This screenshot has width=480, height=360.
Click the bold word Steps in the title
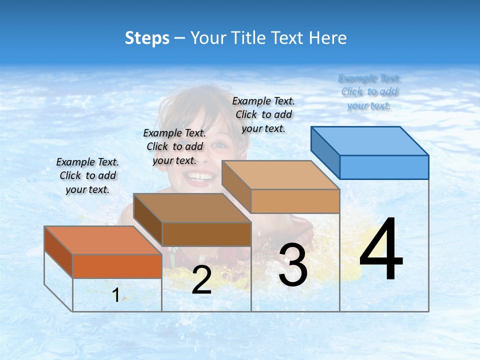[x=147, y=38]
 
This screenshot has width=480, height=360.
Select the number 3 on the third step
[x=293, y=265]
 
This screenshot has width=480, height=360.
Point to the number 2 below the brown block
[x=201, y=280]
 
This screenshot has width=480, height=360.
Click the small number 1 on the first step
[x=115, y=295]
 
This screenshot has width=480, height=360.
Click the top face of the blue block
[x=369, y=140]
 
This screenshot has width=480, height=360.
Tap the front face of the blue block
[x=384, y=167]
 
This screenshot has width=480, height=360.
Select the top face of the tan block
[x=280, y=175]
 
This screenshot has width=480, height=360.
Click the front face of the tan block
[x=295, y=201]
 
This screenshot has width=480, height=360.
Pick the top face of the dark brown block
[x=192, y=208]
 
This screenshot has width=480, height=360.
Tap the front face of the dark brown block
[x=206, y=234]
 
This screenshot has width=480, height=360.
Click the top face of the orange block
[x=103, y=240]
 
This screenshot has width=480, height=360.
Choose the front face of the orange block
[x=117, y=266]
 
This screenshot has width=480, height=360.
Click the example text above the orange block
[x=87, y=175]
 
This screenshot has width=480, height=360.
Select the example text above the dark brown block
[x=174, y=146]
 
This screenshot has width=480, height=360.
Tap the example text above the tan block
[x=263, y=114]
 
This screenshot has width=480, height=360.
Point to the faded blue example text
[x=369, y=91]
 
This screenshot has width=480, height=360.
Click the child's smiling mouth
[x=199, y=177]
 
